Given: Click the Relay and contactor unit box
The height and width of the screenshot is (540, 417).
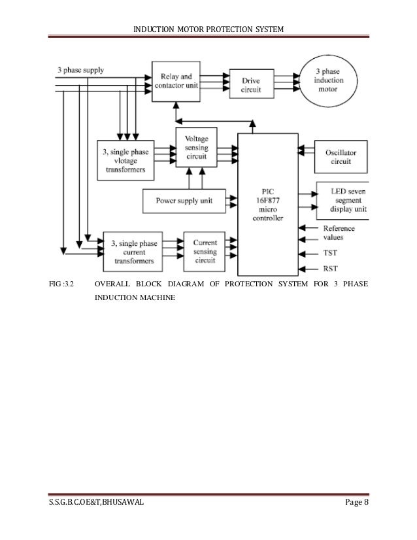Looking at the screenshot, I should pos(176,80).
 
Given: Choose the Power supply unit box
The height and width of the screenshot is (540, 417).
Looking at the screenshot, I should pos(184,199).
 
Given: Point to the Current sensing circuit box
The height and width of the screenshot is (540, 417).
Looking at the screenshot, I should pos(205,250).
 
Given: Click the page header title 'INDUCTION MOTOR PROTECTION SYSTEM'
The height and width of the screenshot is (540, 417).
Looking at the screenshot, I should pos(207,31).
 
